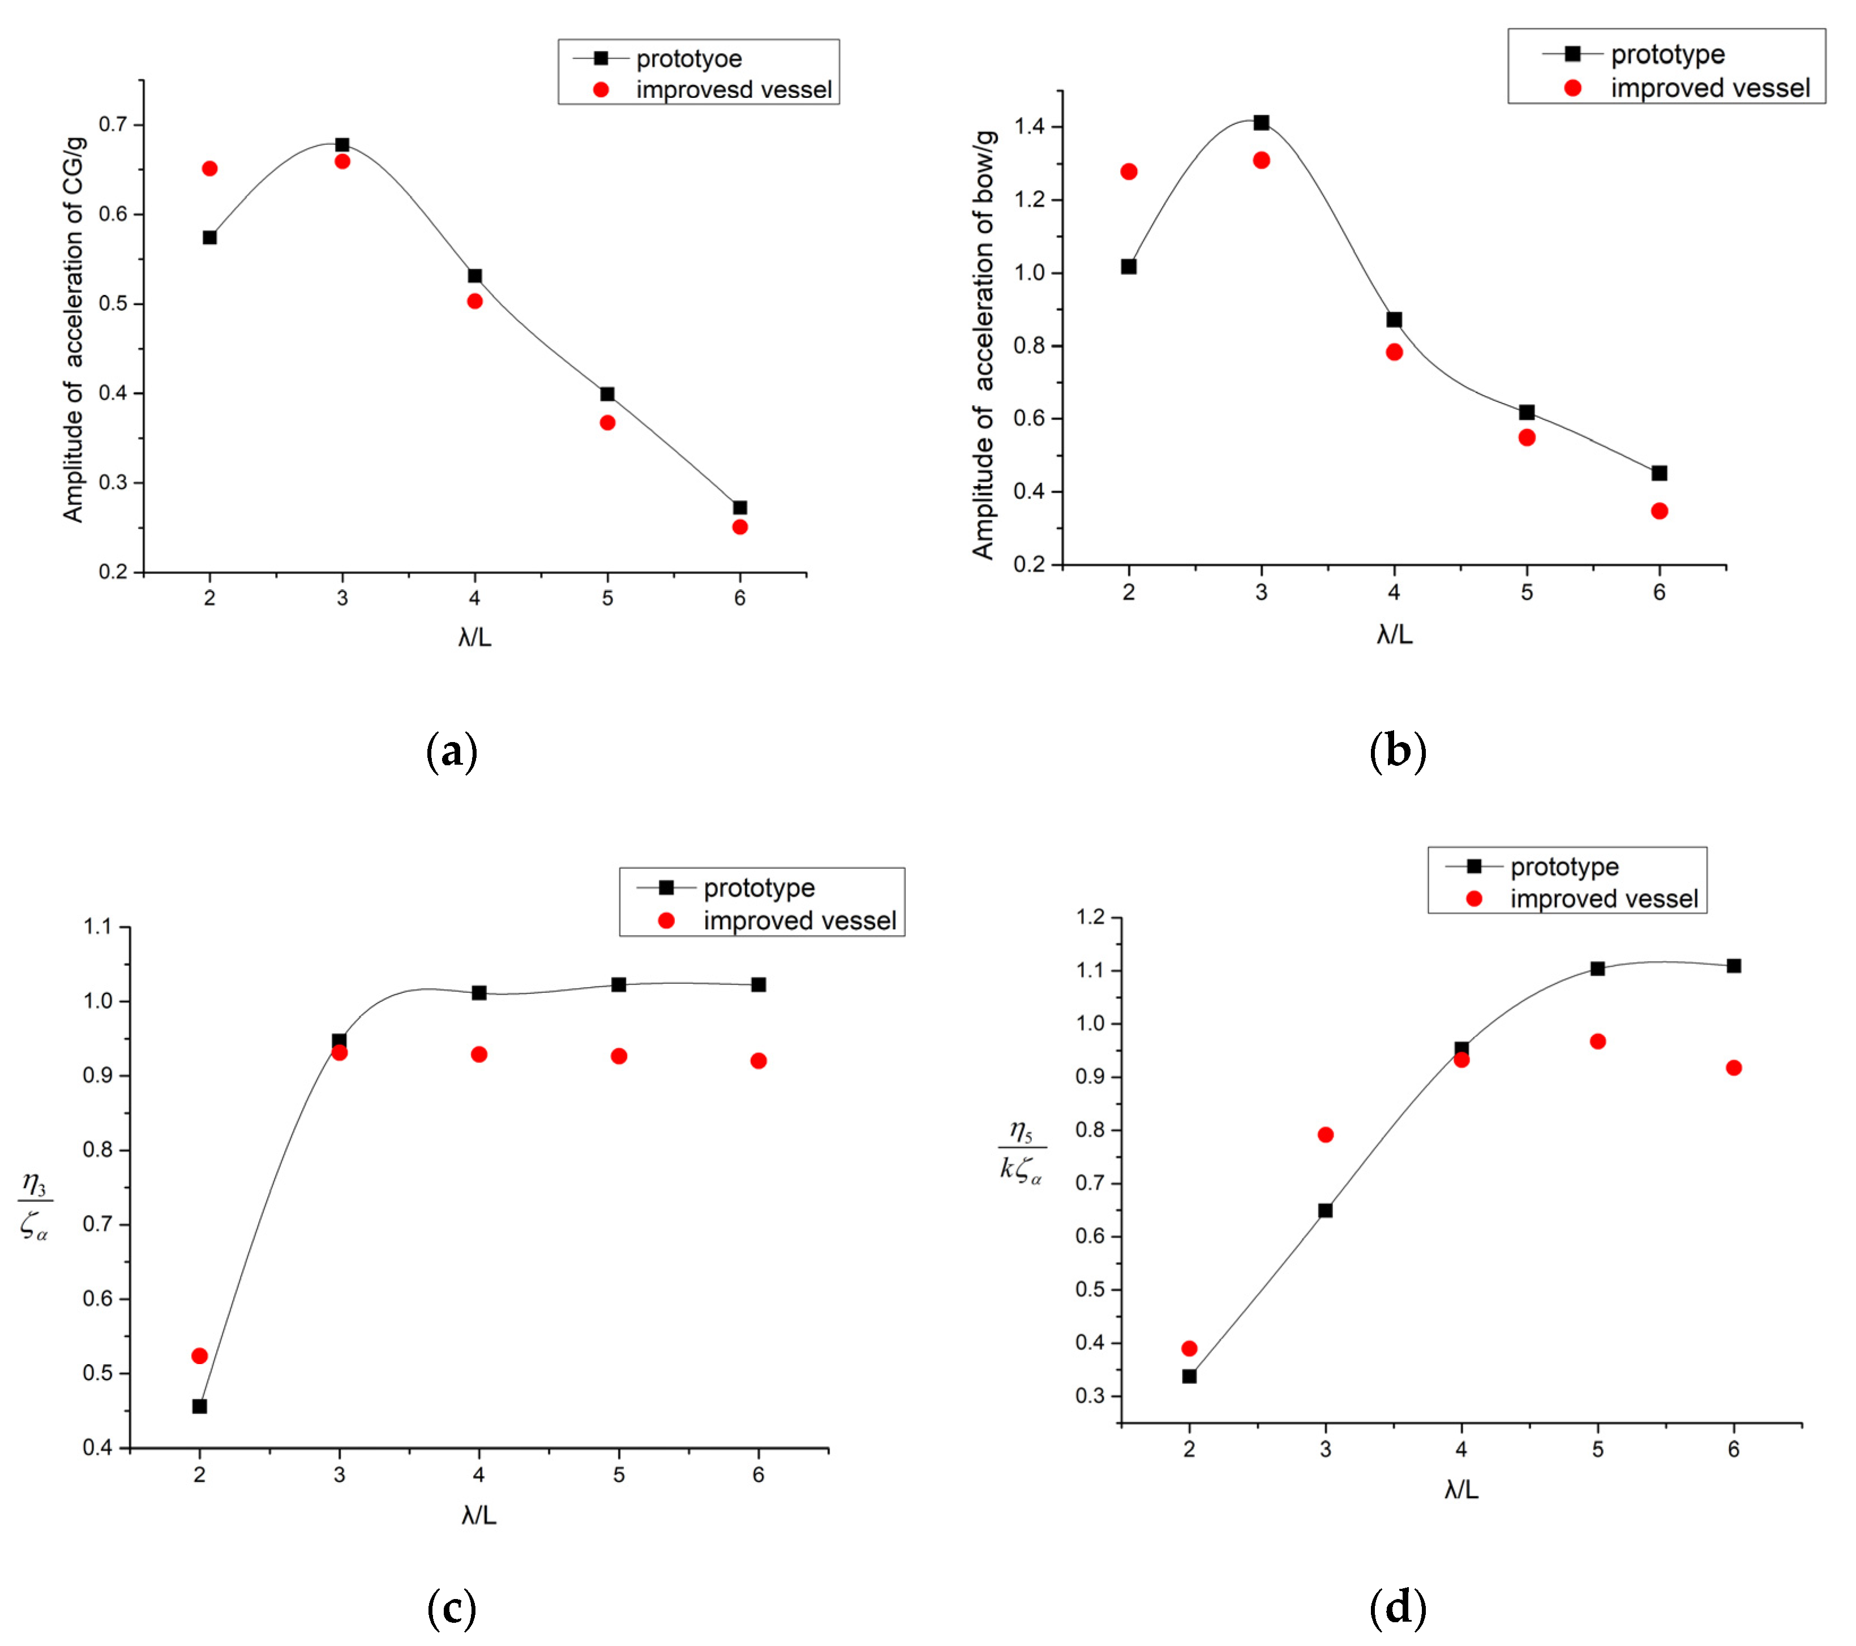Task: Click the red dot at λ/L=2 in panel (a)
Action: click(210, 169)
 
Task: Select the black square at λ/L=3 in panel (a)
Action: click(342, 145)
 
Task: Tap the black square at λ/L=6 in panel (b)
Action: click(1659, 473)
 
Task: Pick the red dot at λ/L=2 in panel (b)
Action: click(1129, 172)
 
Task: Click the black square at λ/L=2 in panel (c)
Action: click(200, 1407)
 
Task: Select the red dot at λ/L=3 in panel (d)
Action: click(1325, 1135)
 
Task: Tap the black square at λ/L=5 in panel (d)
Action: click(1597, 968)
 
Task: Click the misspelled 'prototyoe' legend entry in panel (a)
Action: click(688, 59)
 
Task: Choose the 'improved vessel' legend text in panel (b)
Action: click(1710, 88)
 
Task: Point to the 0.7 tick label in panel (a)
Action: click(114, 125)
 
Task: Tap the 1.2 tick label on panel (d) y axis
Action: click(1091, 917)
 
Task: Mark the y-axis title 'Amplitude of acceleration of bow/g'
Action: click(984, 345)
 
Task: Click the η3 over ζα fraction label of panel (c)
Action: click(35, 1207)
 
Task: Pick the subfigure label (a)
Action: click(451, 752)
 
